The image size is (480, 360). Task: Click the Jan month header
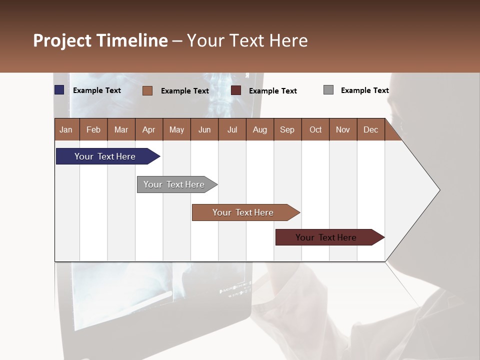(x=66, y=129)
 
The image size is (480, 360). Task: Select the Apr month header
(x=149, y=129)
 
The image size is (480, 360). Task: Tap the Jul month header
(x=232, y=129)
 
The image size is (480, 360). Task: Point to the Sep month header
(x=287, y=129)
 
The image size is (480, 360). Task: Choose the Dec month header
(x=370, y=129)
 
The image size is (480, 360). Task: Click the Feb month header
(x=93, y=129)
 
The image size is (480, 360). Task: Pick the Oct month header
(x=315, y=129)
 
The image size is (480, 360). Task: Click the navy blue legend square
(x=59, y=90)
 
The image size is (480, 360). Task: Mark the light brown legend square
(x=147, y=90)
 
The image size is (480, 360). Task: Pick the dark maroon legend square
(x=236, y=90)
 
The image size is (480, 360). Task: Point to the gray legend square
(x=328, y=90)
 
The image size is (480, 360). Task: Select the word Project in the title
(x=62, y=40)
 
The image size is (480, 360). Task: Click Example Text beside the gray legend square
(x=364, y=90)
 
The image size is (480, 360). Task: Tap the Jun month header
(x=204, y=129)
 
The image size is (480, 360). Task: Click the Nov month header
(x=343, y=129)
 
